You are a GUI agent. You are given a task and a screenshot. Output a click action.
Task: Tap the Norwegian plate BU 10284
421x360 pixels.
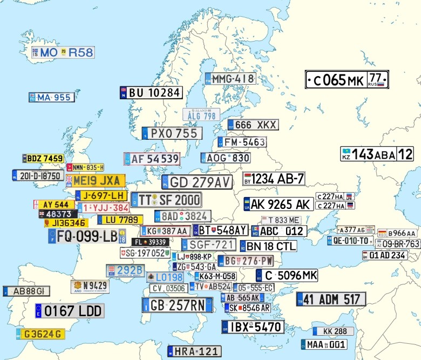(150, 92)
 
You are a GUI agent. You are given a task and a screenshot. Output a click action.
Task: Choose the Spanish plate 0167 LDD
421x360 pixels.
(69, 311)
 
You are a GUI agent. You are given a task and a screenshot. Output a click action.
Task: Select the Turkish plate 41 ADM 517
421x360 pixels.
(331, 299)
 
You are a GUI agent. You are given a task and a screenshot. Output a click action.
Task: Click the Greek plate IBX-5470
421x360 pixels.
(252, 327)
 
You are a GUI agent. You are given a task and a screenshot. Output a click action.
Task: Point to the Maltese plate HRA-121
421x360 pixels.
(194, 351)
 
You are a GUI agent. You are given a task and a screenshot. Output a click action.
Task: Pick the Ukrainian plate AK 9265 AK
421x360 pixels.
(278, 203)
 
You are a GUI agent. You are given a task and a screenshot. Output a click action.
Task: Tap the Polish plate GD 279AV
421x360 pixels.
(197, 182)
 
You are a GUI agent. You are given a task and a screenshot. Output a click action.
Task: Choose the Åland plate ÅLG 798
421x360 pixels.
(201, 115)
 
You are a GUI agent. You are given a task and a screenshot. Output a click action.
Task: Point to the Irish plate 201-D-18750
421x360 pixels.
(37, 175)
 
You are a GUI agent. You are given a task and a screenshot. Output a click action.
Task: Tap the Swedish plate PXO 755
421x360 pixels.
(172, 133)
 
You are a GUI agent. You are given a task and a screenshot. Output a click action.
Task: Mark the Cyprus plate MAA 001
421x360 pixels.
(324, 344)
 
